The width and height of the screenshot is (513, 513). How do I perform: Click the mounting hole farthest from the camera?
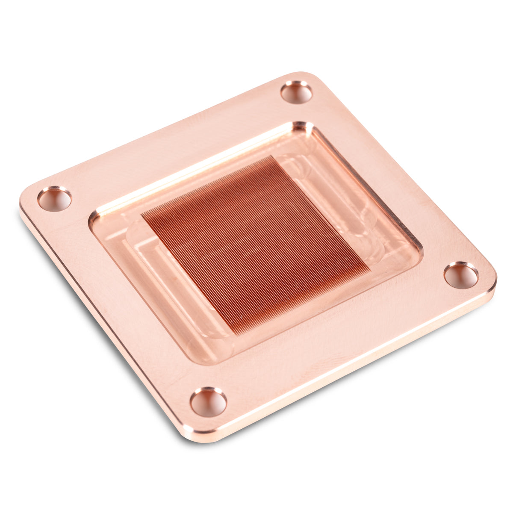[296, 92]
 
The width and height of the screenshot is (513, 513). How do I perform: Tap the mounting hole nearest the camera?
[208, 402]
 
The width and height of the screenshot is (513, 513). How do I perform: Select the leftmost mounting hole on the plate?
[54, 199]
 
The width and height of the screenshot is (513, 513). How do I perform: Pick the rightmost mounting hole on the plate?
[461, 275]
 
